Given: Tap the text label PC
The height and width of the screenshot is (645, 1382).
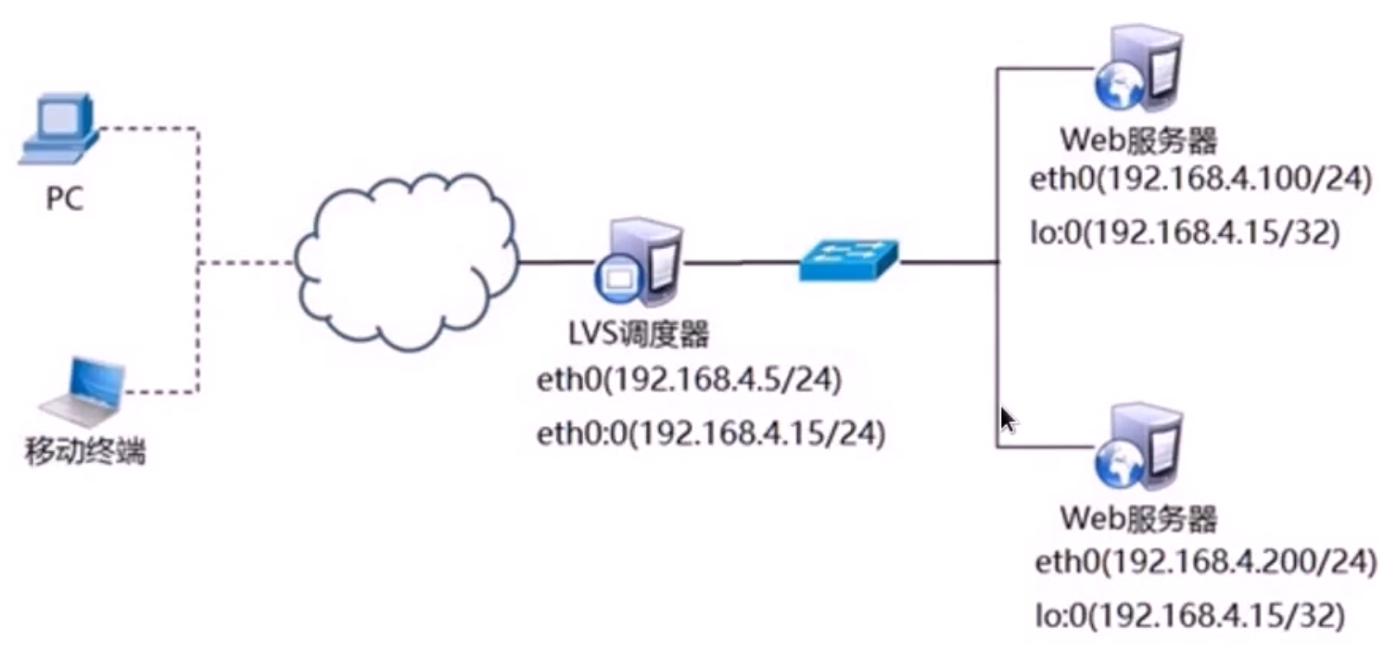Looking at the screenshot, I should click(64, 199).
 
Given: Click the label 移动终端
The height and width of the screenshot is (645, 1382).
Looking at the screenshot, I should click(85, 451).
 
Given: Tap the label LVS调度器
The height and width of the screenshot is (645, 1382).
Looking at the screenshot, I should click(638, 335).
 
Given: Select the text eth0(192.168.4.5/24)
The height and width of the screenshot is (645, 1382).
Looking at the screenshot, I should click(689, 380).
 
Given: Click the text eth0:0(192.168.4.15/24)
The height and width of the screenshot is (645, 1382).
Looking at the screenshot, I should click(711, 434).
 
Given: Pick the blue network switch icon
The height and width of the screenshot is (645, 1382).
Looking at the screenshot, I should click(848, 260).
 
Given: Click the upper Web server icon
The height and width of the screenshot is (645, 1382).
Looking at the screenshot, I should click(1139, 69).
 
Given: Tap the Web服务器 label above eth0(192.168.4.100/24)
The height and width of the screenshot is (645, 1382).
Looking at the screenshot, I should click(1139, 139).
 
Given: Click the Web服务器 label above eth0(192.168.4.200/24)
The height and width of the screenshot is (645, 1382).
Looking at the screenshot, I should click(1139, 518).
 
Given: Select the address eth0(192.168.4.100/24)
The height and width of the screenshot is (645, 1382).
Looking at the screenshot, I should click(1200, 178).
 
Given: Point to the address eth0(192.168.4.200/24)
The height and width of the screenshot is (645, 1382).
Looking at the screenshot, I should click(1206, 561).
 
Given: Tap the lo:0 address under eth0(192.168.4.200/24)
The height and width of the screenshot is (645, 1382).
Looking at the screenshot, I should click(1189, 615).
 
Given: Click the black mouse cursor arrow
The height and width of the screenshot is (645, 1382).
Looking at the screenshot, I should click(1008, 420).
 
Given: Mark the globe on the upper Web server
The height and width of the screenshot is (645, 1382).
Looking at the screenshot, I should click(1118, 88).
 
